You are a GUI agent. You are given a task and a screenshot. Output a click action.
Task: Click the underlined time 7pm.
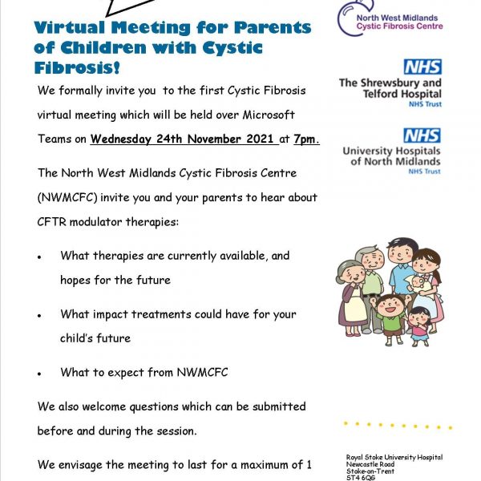(307, 139)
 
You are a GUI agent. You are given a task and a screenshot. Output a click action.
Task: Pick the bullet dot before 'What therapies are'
(40, 257)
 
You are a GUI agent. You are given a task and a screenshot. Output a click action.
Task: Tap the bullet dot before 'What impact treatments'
(40, 315)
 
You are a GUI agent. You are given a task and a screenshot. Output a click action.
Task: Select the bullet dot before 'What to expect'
(40, 374)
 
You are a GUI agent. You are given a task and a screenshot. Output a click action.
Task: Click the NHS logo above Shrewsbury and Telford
(422, 67)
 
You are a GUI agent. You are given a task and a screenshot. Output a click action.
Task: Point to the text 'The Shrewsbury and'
(390, 83)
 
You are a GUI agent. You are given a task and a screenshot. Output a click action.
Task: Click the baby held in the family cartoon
(417, 285)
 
